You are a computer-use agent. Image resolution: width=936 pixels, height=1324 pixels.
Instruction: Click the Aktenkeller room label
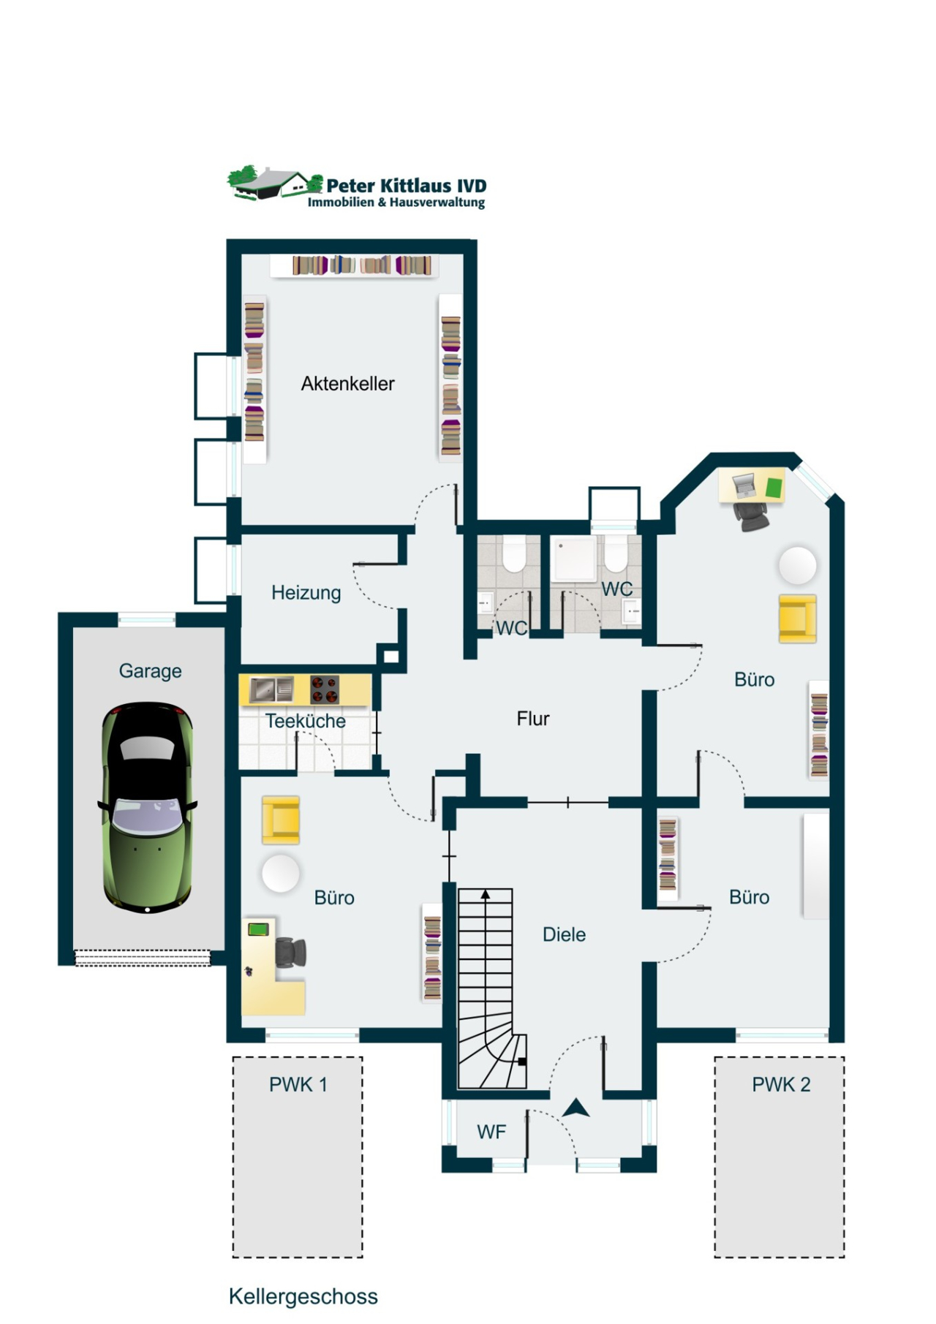(x=347, y=384)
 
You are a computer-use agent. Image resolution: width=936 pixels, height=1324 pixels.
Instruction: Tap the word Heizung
(x=306, y=593)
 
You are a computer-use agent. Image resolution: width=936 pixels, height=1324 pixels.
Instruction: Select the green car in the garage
(x=148, y=807)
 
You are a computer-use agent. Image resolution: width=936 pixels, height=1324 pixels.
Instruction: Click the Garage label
(x=150, y=671)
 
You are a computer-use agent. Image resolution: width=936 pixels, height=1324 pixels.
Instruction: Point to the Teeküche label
(x=305, y=721)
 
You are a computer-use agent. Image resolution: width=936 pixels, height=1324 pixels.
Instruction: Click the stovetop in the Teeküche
(x=324, y=689)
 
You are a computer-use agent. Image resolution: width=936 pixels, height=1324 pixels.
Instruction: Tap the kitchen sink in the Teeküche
(x=271, y=689)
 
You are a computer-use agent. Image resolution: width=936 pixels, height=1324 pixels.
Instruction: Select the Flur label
(x=532, y=719)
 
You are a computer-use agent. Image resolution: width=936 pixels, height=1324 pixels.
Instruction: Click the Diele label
(x=564, y=934)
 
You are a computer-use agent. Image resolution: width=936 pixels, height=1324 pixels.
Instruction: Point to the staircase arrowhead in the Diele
(x=485, y=894)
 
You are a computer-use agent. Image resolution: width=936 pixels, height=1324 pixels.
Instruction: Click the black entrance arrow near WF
(x=576, y=1108)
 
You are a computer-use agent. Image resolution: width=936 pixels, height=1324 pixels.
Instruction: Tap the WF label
(x=491, y=1132)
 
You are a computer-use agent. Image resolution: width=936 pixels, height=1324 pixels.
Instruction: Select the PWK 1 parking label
(x=298, y=1085)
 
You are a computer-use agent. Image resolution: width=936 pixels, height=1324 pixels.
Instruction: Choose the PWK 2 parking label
(x=781, y=1085)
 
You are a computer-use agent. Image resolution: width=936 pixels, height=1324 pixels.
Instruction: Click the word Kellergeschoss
(x=303, y=1296)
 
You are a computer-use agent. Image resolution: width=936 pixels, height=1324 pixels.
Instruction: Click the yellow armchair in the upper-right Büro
(x=797, y=619)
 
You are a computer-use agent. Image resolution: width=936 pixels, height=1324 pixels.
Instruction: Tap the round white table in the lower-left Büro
(x=281, y=873)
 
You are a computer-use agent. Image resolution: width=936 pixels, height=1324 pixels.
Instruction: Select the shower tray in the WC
(x=575, y=559)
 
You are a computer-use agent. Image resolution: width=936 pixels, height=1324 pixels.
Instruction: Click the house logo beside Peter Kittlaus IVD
(x=274, y=183)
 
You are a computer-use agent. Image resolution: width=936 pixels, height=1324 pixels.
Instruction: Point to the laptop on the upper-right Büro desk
(x=744, y=485)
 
